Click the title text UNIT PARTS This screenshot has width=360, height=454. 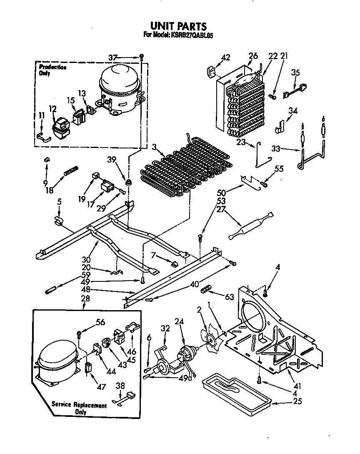pos(178,27)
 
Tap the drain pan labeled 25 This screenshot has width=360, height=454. pos(233,390)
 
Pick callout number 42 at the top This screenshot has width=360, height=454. pos(225,58)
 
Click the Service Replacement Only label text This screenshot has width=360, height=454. pos(79,408)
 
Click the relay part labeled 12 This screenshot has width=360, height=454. pos(61,127)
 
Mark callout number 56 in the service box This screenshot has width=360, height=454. pos(100,321)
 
